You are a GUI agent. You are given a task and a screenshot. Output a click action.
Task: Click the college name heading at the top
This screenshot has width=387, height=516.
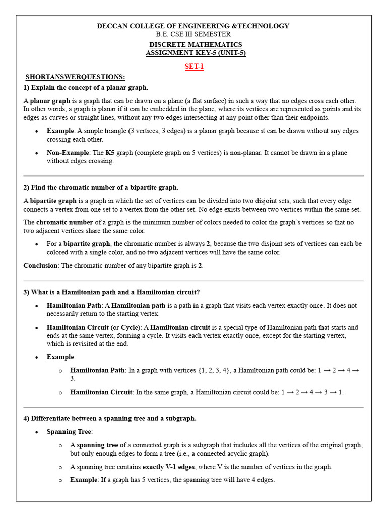point(193,26)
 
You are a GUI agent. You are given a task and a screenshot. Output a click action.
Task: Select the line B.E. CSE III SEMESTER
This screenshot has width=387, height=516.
point(193,34)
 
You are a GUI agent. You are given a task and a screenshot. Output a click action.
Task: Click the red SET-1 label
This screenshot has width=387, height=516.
point(194,67)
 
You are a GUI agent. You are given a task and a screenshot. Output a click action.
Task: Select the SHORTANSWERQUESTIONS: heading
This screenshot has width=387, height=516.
point(75,77)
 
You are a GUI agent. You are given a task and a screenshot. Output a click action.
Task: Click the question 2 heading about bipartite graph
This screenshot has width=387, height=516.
point(101,188)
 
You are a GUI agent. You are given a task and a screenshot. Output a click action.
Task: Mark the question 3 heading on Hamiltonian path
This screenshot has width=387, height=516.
point(111,292)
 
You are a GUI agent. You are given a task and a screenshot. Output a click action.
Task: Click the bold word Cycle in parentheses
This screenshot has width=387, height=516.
point(130,327)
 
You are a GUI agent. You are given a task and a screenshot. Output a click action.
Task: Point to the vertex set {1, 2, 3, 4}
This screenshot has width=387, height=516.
point(207,370)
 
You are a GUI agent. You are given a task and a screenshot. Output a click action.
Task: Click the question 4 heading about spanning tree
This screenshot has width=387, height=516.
point(110,418)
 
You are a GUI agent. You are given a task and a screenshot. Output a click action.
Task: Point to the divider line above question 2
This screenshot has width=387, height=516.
point(193,176)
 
